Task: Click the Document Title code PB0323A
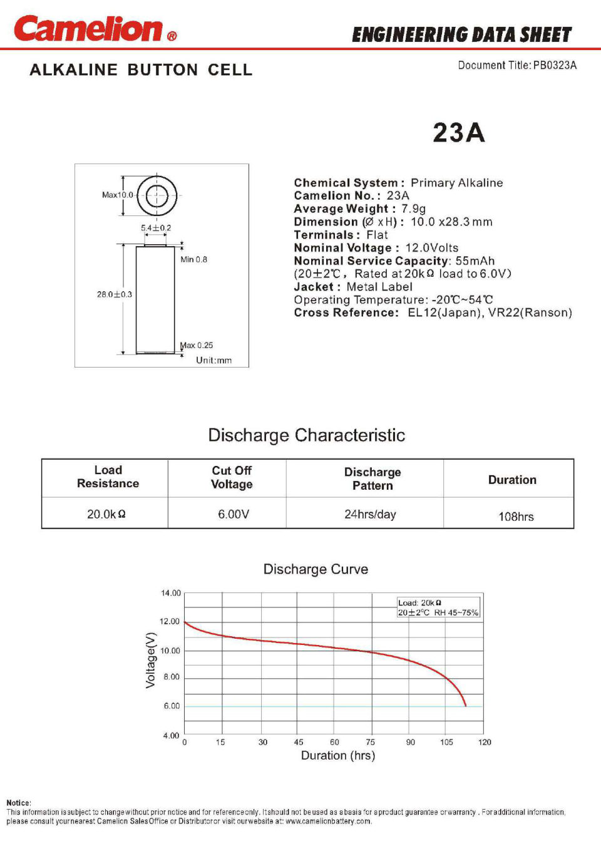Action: tap(555, 65)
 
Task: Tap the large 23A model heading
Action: tap(458, 133)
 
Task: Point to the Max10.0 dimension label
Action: tap(117, 195)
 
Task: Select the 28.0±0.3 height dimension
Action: tap(114, 294)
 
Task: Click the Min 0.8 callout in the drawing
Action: tap(193, 259)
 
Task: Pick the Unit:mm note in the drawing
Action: tap(213, 360)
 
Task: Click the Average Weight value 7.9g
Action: tap(413, 209)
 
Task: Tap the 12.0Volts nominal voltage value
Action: tap(431, 248)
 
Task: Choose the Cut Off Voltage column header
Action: tap(232, 477)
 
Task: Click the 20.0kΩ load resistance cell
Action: tap(106, 514)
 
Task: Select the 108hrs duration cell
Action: tap(516, 517)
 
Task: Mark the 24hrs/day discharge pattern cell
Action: tap(370, 514)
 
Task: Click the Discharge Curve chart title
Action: tap(316, 569)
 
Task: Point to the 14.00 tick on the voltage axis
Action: tap(170, 593)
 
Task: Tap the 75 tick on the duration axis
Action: tap(371, 742)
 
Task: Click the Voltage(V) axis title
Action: tap(150, 660)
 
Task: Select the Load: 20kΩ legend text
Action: tap(419, 602)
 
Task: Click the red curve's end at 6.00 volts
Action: tap(465, 706)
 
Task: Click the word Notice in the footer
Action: tap(18, 803)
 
